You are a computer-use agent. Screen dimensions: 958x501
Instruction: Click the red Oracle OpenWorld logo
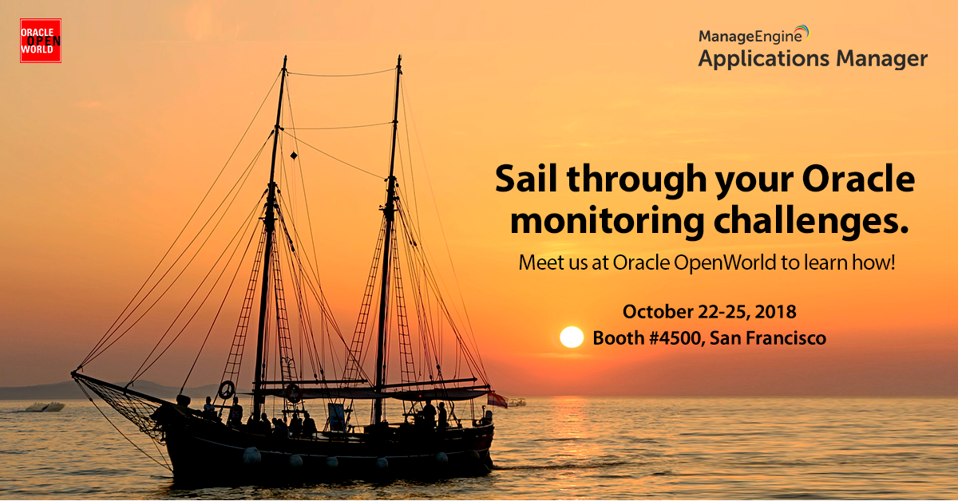point(41,41)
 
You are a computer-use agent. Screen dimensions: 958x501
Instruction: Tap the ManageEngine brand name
point(750,37)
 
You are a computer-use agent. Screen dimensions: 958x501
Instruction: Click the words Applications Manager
point(813,59)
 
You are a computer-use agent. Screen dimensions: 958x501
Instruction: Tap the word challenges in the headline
point(806,222)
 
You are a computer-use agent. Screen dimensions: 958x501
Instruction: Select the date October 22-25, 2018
point(709,312)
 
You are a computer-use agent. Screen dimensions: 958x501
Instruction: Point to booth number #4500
point(675,338)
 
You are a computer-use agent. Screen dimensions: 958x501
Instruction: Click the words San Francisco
point(768,338)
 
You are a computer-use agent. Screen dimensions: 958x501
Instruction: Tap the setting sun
point(572,337)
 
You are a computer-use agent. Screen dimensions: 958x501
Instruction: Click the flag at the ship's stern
point(497,400)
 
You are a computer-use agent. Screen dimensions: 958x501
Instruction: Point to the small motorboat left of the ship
point(45,407)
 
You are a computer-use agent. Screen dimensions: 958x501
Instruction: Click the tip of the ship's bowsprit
point(73,374)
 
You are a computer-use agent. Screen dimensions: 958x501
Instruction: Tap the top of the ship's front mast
point(285,57)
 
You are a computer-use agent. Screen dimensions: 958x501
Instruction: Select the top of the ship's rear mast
point(399,56)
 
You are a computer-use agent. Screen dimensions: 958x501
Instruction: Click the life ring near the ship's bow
point(226,390)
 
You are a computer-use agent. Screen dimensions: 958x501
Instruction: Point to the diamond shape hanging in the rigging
point(294,156)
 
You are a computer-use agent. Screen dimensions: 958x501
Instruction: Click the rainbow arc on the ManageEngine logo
point(804,31)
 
